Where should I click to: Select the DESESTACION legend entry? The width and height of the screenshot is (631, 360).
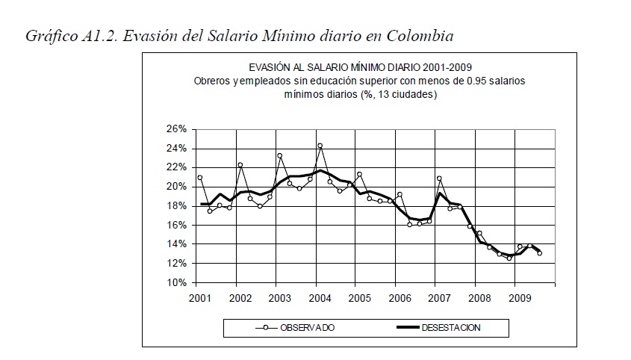click(451, 327)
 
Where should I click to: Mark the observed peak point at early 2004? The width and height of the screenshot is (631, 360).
click(320, 146)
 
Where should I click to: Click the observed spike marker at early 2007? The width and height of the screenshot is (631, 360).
click(439, 179)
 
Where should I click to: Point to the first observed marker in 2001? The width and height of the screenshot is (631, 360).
click(200, 178)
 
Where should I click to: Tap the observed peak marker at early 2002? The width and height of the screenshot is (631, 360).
click(240, 165)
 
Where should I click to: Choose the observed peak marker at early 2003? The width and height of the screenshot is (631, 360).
click(279, 156)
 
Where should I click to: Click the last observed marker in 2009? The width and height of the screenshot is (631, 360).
click(539, 253)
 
